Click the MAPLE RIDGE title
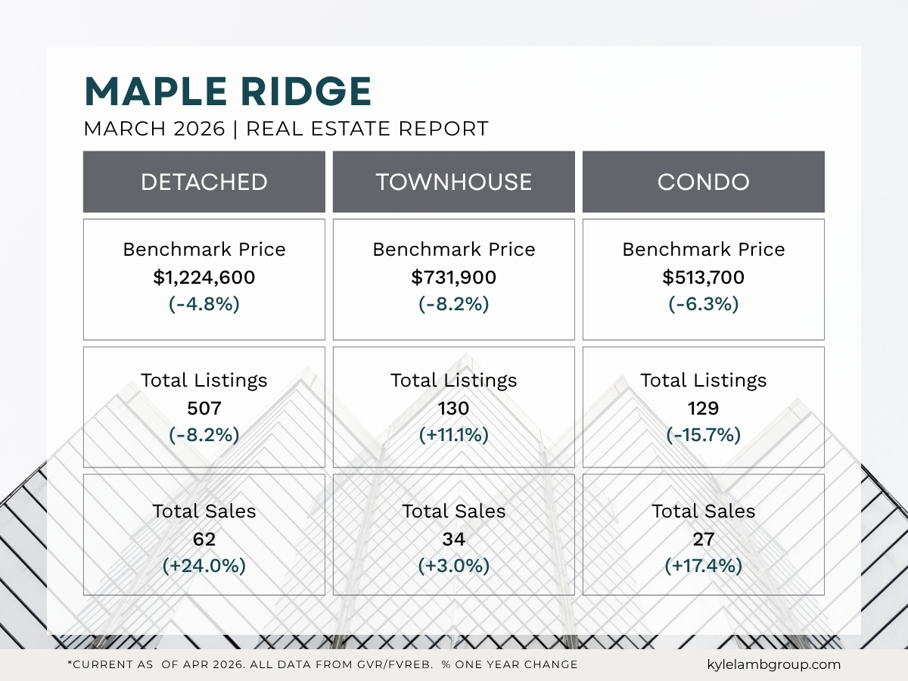(228, 92)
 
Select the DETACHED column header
(204, 182)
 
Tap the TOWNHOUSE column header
(454, 182)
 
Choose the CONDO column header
(704, 182)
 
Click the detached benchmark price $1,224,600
(204, 278)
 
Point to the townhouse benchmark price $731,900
(454, 278)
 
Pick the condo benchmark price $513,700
(704, 278)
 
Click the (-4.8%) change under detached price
(204, 304)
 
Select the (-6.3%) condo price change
(704, 304)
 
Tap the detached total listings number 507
(204, 409)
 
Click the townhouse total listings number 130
(454, 409)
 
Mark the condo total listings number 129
(704, 409)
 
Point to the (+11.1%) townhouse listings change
(454, 435)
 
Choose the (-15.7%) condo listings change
(704, 435)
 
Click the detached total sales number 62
(204, 540)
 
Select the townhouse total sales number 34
(454, 540)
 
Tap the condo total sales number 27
(704, 540)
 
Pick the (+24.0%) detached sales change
(204, 566)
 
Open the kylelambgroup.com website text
(770, 664)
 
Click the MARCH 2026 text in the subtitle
(154, 129)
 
